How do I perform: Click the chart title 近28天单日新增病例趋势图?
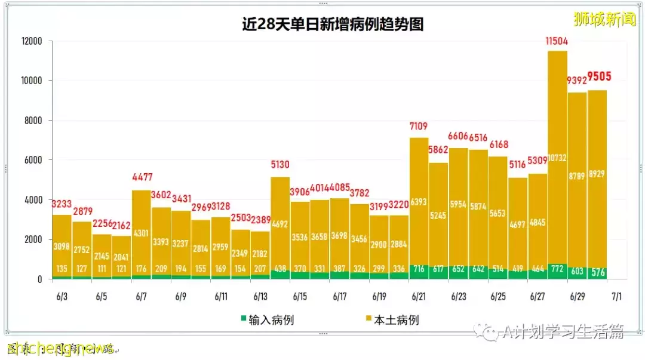(333, 24)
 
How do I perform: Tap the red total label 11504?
(556, 41)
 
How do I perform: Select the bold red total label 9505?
(599, 76)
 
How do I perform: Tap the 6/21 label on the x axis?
(418, 297)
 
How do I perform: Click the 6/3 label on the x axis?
(62, 297)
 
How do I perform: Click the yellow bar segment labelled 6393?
(419, 203)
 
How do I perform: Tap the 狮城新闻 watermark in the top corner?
(604, 19)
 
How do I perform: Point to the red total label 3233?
(62, 203)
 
